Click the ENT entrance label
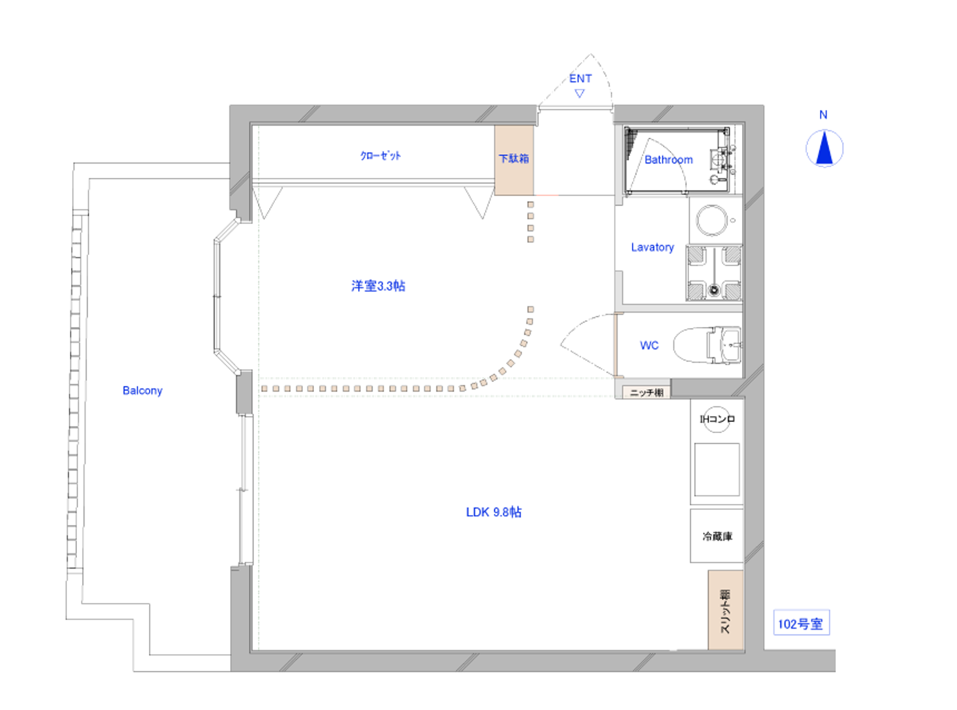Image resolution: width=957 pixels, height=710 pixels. (x=580, y=79)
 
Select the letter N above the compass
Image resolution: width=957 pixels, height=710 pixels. (x=823, y=115)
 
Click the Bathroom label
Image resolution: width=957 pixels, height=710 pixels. (x=668, y=160)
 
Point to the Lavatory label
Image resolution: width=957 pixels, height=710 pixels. (x=652, y=247)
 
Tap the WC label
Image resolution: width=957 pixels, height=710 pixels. (x=649, y=345)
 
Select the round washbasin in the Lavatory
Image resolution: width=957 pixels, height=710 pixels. (x=711, y=220)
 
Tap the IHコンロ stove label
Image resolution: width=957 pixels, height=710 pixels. (x=717, y=419)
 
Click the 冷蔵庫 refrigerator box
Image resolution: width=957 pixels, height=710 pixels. (x=717, y=536)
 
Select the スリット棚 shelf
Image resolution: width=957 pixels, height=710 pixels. (x=726, y=610)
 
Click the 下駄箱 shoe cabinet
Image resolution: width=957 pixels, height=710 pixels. (x=514, y=160)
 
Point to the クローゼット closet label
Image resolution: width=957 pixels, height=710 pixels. (x=381, y=156)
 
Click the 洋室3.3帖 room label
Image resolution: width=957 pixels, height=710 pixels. (x=378, y=286)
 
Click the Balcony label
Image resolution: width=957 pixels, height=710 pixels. (x=142, y=391)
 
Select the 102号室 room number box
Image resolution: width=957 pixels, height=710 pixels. (x=801, y=622)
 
